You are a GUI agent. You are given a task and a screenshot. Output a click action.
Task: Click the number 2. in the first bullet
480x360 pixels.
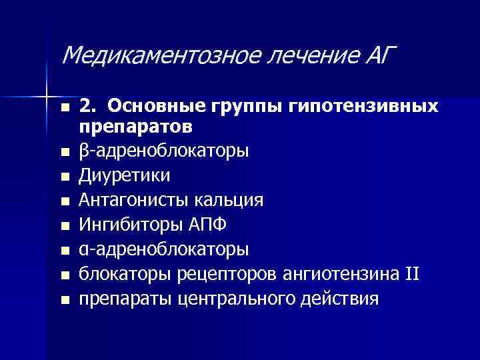pyautogui.click(x=88, y=107)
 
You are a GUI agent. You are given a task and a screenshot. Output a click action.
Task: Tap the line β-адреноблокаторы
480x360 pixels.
pyautogui.click(x=164, y=151)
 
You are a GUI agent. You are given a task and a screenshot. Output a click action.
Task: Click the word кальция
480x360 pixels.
pyautogui.click(x=227, y=200)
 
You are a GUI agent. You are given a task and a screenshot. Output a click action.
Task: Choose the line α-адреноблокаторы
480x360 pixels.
pyautogui.click(x=164, y=249)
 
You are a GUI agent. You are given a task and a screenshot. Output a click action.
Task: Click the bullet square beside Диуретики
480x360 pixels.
pyautogui.click(x=64, y=177)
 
